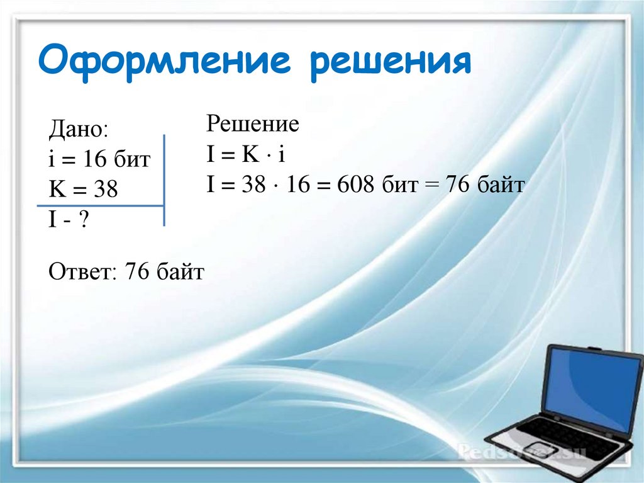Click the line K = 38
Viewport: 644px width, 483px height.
83,189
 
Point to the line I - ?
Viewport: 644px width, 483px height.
67,219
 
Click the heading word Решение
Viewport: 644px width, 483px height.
252,124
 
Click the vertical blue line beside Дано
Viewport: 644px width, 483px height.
164,179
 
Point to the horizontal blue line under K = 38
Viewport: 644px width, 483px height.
101,206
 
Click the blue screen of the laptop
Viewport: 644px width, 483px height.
592,387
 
